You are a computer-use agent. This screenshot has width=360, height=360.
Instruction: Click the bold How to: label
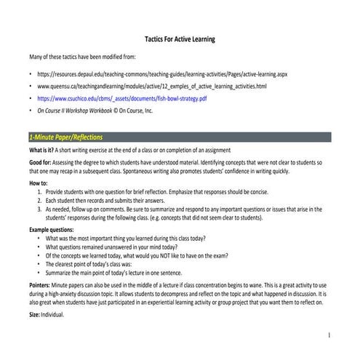coord(38,184)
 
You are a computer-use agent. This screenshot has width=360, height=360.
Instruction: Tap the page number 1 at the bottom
coord(329,335)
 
